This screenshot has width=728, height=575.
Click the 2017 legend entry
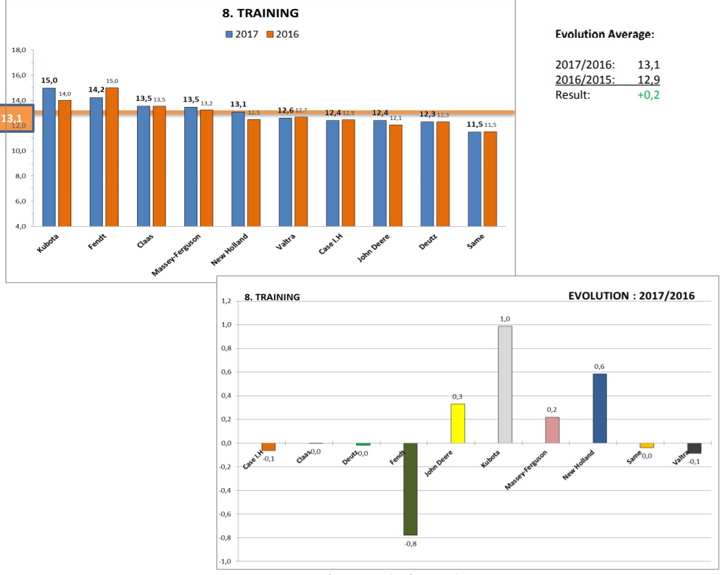[242, 34]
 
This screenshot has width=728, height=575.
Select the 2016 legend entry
[283, 34]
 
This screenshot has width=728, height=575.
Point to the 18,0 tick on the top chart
[19, 51]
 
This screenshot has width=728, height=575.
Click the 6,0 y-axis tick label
[19, 201]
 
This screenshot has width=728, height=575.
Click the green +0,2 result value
[648, 95]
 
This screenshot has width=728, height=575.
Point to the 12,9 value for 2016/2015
[648, 79]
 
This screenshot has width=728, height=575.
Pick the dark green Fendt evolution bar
[410, 489]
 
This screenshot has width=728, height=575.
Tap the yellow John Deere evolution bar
[458, 424]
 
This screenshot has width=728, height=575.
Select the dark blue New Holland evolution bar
[600, 408]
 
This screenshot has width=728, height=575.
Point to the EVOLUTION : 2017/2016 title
[631, 296]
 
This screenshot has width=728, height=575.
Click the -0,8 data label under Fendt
[410, 543]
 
